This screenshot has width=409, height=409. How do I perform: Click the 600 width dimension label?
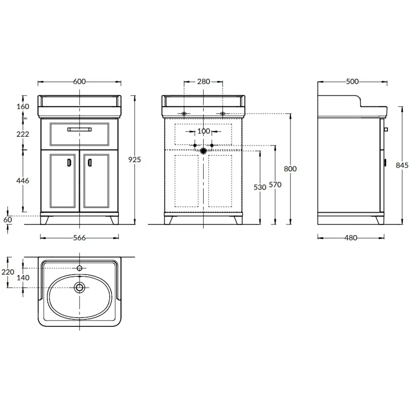(x=79, y=81)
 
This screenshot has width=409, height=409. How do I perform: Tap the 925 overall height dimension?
(x=135, y=160)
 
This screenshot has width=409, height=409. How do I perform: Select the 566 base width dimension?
(x=79, y=238)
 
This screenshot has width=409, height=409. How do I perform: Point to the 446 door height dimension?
(x=23, y=181)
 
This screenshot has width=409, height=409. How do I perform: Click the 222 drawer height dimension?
(x=23, y=134)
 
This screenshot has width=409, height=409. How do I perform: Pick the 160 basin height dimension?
(x=23, y=106)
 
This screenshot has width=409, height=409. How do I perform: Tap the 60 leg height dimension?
(x=7, y=220)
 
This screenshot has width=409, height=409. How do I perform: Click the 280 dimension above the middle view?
(x=203, y=81)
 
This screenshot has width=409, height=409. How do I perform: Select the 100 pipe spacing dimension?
(x=203, y=131)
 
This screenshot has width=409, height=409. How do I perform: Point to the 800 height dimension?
(x=290, y=169)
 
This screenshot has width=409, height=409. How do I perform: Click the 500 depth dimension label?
(x=352, y=81)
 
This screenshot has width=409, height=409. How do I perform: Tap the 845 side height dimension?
(x=402, y=165)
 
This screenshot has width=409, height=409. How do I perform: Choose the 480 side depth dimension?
(x=351, y=238)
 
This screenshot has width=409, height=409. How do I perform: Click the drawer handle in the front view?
(x=79, y=130)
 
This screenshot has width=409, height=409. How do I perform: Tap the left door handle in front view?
(x=69, y=163)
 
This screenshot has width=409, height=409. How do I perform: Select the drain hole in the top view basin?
(x=79, y=287)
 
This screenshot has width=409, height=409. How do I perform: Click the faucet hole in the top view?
(x=79, y=268)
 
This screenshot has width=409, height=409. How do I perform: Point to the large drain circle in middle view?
(x=203, y=151)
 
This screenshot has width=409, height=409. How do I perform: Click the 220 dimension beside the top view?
(x=7, y=272)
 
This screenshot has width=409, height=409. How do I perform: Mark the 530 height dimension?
(x=260, y=187)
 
